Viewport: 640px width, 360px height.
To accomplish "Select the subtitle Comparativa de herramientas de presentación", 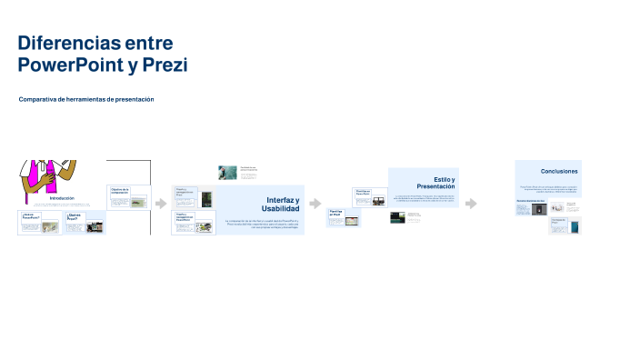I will (x=86, y=99).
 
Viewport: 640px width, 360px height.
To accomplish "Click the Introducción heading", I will (x=62, y=197).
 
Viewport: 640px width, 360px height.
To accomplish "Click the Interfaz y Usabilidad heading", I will (x=282, y=204).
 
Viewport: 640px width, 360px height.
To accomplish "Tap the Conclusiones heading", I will (x=558, y=171).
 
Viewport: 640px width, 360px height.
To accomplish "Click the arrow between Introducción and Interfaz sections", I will (x=161, y=204).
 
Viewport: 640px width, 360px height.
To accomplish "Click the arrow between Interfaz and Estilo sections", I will (x=315, y=204).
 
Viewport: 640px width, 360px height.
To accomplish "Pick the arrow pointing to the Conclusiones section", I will (x=471, y=204).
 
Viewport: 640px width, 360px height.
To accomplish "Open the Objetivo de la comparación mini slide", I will (x=129, y=197).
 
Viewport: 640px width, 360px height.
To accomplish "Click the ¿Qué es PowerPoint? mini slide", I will (x=39, y=223).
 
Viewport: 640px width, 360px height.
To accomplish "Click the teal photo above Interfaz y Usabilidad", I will (x=227, y=172).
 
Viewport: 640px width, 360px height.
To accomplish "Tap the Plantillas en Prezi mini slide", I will (x=344, y=216).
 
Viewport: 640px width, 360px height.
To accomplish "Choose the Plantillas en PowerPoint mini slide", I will (x=369, y=196).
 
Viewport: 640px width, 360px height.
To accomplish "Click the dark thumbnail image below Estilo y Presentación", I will (x=397, y=217).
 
